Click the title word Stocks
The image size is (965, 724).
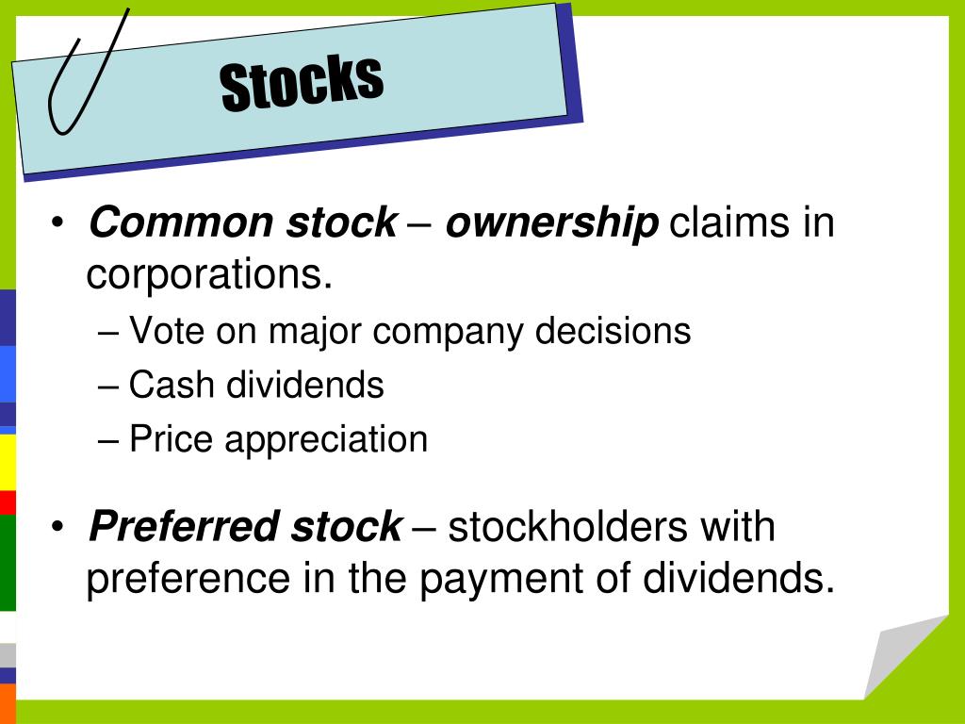pyautogui.click(x=302, y=82)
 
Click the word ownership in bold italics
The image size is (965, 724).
pyautogui.click(x=551, y=223)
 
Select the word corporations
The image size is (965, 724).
pyautogui.click(x=210, y=274)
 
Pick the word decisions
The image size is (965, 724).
pyautogui.click(x=613, y=331)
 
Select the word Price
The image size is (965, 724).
pyautogui.click(x=171, y=440)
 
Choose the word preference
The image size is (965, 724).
pyautogui.click(x=188, y=579)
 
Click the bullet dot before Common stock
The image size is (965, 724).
pyautogui.click(x=58, y=224)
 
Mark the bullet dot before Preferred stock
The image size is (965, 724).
pyautogui.click(x=58, y=527)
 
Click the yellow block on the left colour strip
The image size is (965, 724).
pyautogui.click(x=8, y=462)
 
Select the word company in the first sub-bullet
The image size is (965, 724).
pyautogui.click(x=449, y=331)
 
